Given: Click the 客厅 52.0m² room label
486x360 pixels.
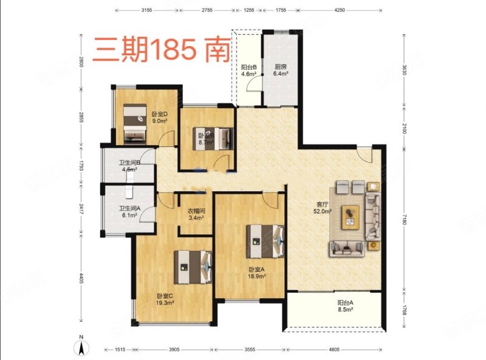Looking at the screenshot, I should [322, 208].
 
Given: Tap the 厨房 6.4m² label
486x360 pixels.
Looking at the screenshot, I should [280, 70].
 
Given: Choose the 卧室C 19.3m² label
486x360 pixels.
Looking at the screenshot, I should [165, 299].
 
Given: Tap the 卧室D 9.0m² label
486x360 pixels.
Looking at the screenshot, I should [159, 117].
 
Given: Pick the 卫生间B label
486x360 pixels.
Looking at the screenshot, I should [130, 163].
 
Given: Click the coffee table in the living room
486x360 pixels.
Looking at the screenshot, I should [351, 216].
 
